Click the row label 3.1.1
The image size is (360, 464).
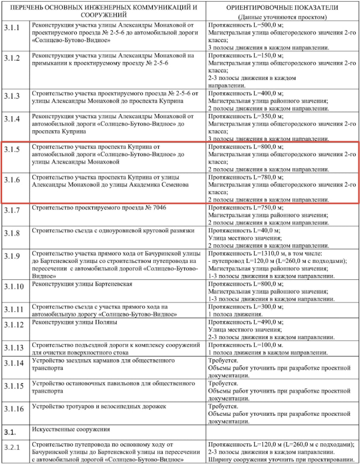point(11,27)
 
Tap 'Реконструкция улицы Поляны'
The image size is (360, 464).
point(72,323)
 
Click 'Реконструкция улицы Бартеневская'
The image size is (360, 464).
point(82,284)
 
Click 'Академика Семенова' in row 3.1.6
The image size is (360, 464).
point(158,185)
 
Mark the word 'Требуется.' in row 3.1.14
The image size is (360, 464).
point(223,362)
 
